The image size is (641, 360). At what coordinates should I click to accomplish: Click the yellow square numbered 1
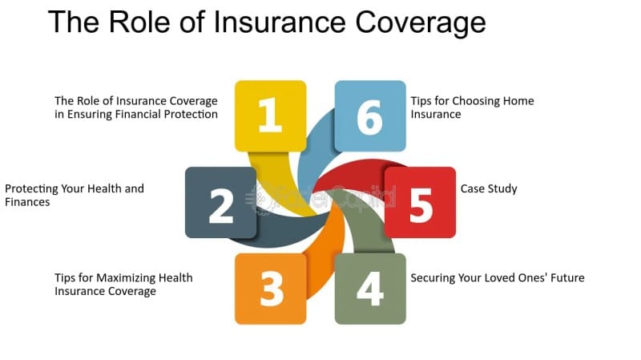[x=270, y=115]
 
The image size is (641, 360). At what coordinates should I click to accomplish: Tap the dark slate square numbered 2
[x=221, y=203]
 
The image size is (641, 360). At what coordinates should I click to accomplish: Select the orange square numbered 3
[x=270, y=289]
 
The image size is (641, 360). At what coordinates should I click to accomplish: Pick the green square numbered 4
[x=370, y=289]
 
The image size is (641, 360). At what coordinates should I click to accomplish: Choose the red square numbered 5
[x=420, y=203]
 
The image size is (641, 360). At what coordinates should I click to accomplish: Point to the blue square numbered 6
[x=370, y=115]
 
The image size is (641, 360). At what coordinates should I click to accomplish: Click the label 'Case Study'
[x=489, y=189]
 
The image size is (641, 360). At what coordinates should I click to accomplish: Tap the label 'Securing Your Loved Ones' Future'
[x=498, y=277]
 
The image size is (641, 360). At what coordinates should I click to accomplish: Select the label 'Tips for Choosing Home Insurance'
[x=472, y=107]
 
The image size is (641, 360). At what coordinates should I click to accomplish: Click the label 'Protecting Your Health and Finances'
[x=75, y=195]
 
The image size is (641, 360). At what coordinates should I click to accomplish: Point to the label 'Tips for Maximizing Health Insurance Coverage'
[x=123, y=285]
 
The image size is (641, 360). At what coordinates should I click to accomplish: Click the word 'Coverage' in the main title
[x=421, y=23]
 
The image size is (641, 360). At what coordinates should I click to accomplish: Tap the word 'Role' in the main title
[x=139, y=22]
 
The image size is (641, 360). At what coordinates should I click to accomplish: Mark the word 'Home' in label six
[x=518, y=101]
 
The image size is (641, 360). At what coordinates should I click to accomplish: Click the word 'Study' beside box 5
[x=503, y=189]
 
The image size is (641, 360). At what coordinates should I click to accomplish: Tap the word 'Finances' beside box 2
[x=27, y=202]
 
